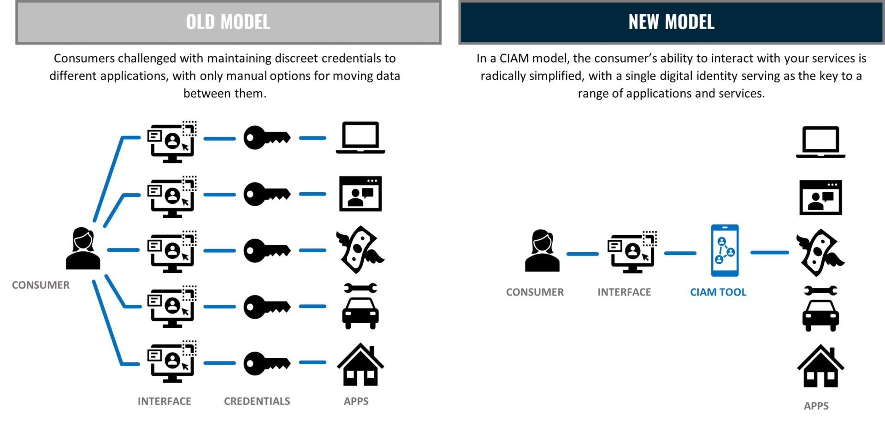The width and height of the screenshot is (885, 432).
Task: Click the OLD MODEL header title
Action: coord(228,22)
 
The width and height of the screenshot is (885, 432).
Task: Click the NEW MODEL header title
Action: coord(671,22)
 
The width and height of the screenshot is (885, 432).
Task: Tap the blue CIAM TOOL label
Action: coord(718,292)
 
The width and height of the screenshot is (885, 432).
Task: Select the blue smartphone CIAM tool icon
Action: coord(725,250)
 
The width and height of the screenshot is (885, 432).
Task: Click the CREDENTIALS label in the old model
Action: coord(257,401)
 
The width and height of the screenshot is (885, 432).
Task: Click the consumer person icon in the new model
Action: coord(543,250)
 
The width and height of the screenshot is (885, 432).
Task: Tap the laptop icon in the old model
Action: coord(360,137)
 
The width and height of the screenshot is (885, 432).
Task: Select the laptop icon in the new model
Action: coord(820,142)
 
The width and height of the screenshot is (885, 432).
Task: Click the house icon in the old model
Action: coord(360,364)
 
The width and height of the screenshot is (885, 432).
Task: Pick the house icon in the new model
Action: coord(820,366)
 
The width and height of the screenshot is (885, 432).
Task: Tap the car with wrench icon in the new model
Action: coord(820,308)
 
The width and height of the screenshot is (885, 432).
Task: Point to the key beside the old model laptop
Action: coord(267,137)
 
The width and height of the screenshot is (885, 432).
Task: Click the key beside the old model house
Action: coord(267,363)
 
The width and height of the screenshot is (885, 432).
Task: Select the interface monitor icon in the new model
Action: coord(632,252)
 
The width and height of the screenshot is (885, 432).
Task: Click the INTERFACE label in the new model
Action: coord(625,292)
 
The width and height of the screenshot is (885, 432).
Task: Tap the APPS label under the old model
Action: coord(356,401)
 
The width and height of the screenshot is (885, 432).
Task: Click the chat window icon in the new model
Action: coord(820,197)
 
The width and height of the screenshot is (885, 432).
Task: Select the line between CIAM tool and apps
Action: coord(770,253)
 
